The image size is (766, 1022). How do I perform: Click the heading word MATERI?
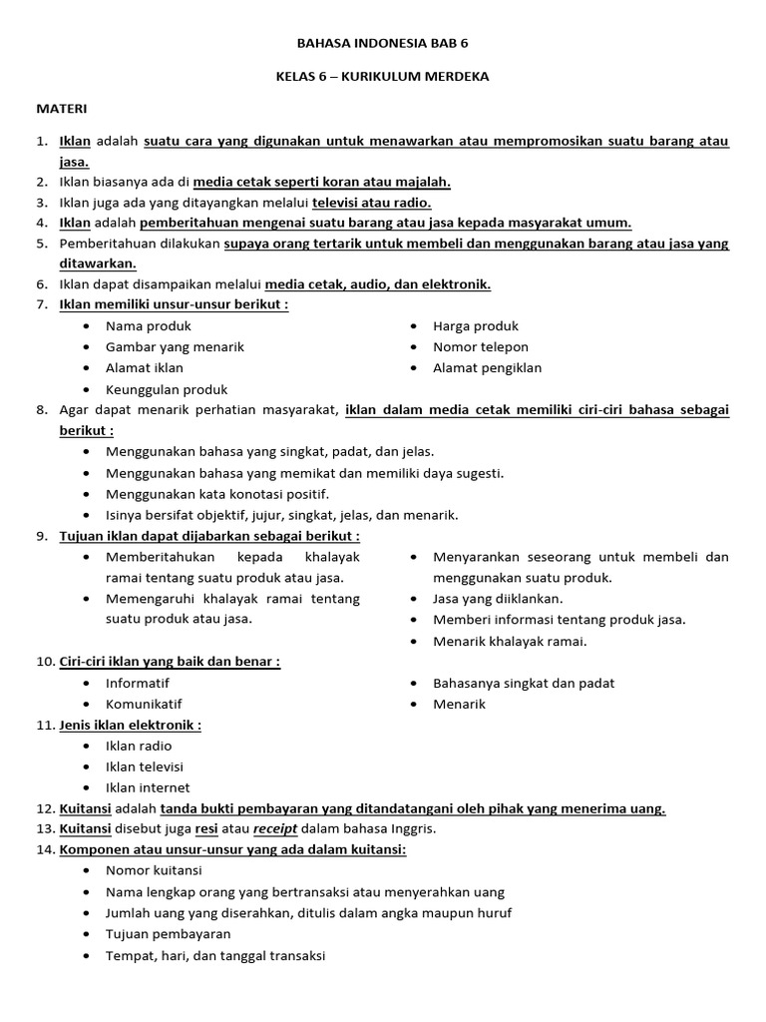[62, 107]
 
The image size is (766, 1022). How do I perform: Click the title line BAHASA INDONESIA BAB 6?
[382, 45]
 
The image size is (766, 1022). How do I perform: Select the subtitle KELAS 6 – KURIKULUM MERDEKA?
[382, 76]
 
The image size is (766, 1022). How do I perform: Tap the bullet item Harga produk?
[475, 325]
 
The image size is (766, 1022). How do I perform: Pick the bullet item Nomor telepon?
[480, 346]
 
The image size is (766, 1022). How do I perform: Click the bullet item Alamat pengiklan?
[487, 367]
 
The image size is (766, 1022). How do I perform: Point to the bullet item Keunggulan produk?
[167, 389]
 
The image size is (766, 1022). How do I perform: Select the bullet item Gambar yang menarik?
[175, 346]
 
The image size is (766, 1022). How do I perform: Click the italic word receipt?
[279, 828]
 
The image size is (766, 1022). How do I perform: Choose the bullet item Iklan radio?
[139, 746]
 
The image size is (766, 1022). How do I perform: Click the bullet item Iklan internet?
[147, 787]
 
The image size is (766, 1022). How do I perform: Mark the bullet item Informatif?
[138, 683]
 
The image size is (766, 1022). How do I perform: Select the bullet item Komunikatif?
[144, 704]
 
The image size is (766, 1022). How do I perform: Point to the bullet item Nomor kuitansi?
[153, 870]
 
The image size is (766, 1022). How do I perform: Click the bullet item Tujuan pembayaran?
[168, 933]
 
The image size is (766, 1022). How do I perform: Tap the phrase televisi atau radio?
[371, 202]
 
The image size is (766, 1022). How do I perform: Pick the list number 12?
[44, 808]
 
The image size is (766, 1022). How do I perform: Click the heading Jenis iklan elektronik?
[130, 725]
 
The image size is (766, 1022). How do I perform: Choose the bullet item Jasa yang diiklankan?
[497, 598]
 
